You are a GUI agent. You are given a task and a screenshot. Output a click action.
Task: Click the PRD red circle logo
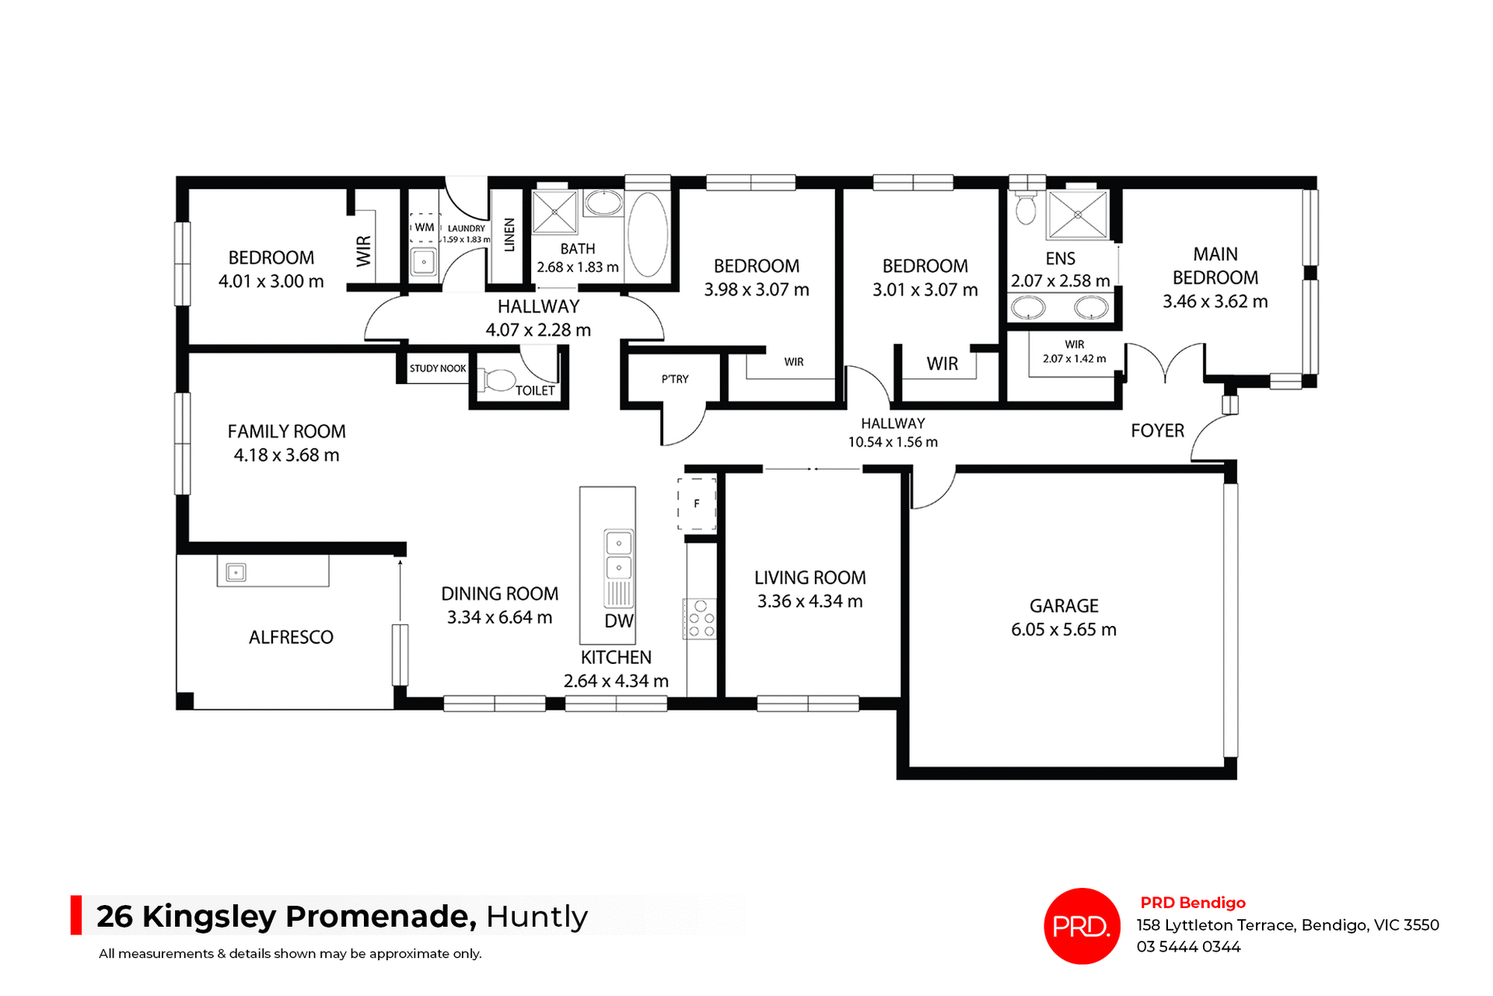click(1081, 925)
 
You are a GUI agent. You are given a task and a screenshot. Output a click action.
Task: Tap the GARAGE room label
click(1064, 606)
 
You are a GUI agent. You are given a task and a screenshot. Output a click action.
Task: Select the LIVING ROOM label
click(809, 578)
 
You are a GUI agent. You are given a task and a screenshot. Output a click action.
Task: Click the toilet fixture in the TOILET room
click(498, 380)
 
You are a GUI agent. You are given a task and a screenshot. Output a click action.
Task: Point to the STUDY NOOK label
click(438, 369)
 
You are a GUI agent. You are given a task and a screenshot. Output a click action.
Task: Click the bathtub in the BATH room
click(647, 234)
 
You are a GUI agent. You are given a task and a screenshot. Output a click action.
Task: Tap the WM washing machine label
click(424, 228)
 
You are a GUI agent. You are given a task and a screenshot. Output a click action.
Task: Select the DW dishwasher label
click(619, 620)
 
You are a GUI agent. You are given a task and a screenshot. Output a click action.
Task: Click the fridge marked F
click(697, 504)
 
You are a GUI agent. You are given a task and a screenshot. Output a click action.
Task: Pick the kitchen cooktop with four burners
click(700, 619)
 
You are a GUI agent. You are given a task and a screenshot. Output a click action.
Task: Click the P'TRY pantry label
click(675, 379)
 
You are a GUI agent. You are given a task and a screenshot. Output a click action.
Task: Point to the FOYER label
click(1157, 431)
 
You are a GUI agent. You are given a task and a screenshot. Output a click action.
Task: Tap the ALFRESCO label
click(291, 638)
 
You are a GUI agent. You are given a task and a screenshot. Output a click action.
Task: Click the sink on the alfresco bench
click(236, 572)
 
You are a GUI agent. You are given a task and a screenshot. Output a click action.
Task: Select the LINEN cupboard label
click(509, 235)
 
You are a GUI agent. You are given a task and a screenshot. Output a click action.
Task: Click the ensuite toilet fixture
click(1026, 207)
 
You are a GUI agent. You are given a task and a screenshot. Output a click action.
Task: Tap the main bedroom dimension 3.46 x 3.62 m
click(1215, 302)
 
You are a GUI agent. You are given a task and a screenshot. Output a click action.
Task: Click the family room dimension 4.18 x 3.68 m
click(286, 456)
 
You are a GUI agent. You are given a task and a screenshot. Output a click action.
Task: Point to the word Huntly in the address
click(537, 917)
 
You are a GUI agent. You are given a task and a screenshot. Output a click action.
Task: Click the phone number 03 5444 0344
click(1188, 947)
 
